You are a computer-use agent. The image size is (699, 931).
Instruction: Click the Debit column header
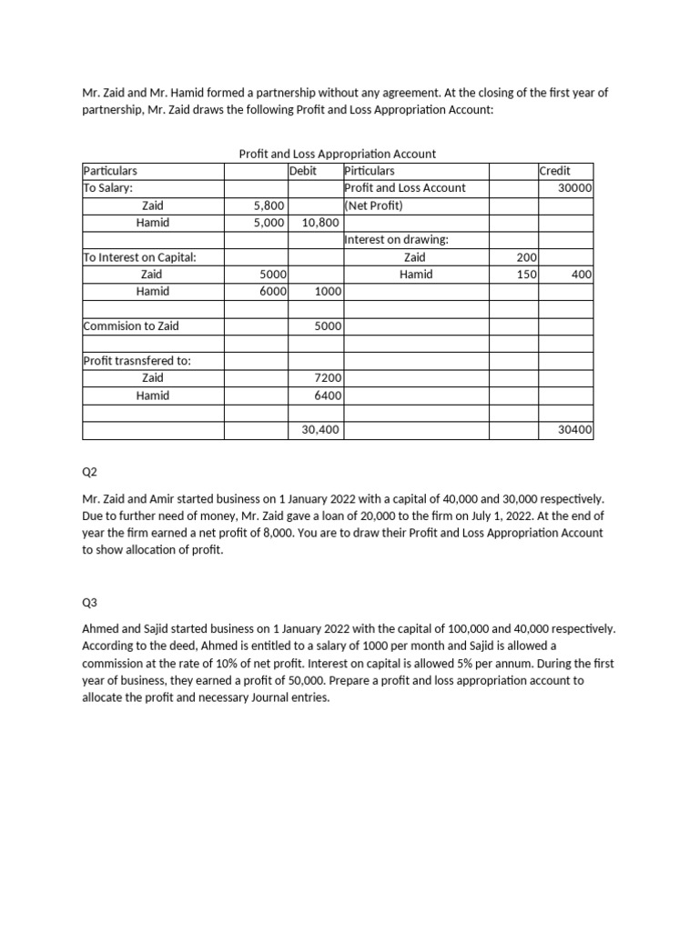pyautogui.click(x=303, y=171)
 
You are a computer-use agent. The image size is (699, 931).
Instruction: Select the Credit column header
pyautogui.click(x=555, y=171)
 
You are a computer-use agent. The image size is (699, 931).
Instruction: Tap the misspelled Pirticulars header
pyautogui.click(x=370, y=171)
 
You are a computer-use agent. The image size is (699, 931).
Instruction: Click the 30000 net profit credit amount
pyautogui.click(x=575, y=188)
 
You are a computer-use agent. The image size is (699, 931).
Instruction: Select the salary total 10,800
pyautogui.click(x=320, y=223)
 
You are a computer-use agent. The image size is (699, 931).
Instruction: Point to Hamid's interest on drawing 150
pyautogui.click(x=526, y=275)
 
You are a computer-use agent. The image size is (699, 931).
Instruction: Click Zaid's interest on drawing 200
pyautogui.click(x=526, y=257)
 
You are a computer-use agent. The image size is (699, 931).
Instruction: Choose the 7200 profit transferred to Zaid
pyautogui.click(x=327, y=377)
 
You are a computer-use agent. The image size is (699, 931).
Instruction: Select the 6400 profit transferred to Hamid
pyautogui.click(x=327, y=395)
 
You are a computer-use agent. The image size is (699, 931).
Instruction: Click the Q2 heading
pyautogui.click(x=90, y=472)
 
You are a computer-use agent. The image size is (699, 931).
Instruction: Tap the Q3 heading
pyautogui.click(x=90, y=602)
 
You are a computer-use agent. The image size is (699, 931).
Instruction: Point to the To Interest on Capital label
pyautogui.click(x=139, y=257)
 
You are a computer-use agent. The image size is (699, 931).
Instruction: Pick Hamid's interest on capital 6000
pyautogui.click(x=273, y=292)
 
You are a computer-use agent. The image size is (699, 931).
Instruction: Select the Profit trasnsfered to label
pyautogui.click(x=137, y=361)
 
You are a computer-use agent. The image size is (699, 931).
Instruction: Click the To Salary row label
pyautogui.click(x=108, y=188)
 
